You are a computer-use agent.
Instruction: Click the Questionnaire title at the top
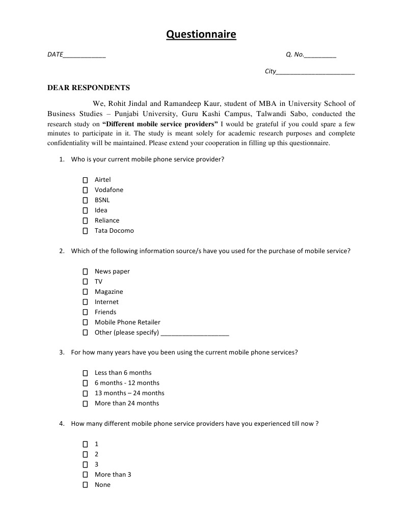coord(201,35)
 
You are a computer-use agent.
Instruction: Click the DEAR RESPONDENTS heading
coord(89,88)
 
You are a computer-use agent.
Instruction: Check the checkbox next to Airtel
coord(86,180)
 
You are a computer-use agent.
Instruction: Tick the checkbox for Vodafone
coord(86,190)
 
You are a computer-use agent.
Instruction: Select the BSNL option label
coord(102,200)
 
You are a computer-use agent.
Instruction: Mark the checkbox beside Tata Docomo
coord(86,231)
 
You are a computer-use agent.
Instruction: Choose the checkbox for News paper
coord(86,271)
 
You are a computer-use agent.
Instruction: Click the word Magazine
coord(109,292)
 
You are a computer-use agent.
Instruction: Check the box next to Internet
coord(86,302)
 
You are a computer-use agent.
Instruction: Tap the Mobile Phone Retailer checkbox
coord(86,322)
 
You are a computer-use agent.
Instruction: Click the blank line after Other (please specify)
coord(195,334)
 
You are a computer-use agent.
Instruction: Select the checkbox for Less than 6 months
coord(86,373)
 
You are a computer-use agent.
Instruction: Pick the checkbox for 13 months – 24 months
coord(86,393)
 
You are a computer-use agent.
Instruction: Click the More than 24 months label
coord(127,403)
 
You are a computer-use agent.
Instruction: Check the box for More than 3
coord(86,475)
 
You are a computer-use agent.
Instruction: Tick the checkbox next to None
coord(86,485)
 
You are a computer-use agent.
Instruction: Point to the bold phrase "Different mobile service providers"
coord(160,124)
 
